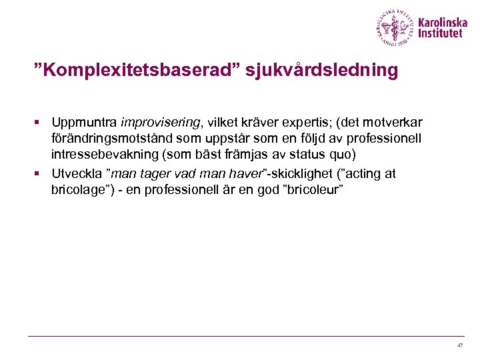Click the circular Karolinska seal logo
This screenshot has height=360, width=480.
pyautogui.click(x=395, y=27)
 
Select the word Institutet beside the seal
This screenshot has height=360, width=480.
pyautogui.click(x=440, y=34)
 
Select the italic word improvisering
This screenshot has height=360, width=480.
pyautogui.click(x=160, y=123)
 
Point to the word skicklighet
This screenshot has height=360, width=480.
pyautogui.click(x=301, y=174)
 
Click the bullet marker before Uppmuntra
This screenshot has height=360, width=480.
pyautogui.click(x=39, y=123)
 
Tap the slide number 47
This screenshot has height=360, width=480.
pyautogui.click(x=459, y=346)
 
